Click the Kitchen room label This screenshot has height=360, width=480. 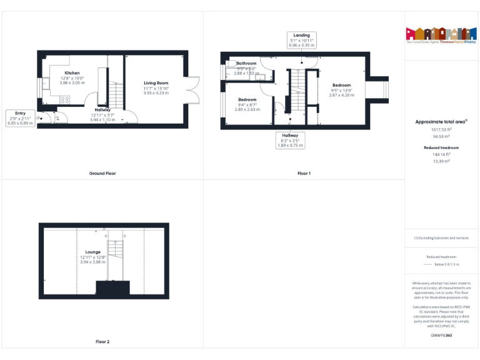pyautogui.click(x=72, y=72)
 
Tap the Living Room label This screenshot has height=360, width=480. pyautogui.click(x=156, y=83)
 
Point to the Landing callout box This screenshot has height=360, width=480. pyautogui.click(x=302, y=40)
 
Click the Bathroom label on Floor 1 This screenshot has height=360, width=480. pyautogui.click(x=246, y=63)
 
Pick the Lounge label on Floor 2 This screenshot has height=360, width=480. pyautogui.click(x=92, y=252)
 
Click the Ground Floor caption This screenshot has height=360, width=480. pyautogui.click(x=102, y=173)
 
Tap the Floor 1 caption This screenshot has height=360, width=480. pyautogui.click(x=304, y=173)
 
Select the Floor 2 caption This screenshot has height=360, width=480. pyautogui.click(x=102, y=342)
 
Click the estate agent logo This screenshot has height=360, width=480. pyautogui.click(x=441, y=35)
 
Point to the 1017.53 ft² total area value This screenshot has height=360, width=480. pyautogui.click(x=441, y=129)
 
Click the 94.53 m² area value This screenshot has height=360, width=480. pyautogui.click(x=441, y=136)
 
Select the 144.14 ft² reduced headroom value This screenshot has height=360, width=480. pyautogui.click(x=441, y=154)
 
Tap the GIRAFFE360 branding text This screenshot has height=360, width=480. pyautogui.click(x=441, y=336)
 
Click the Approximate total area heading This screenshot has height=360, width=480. pyautogui.click(x=441, y=122)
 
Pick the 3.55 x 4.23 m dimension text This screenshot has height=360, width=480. pyautogui.click(x=156, y=93)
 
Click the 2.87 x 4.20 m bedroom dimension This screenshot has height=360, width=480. pyautogui.click(x=341, y=95)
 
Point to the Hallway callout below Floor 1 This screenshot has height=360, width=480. pyautogui.click(x=290, y=140)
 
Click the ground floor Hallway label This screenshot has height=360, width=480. pyautogui.click(x=102, y=110)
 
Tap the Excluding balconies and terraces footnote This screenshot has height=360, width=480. pyautogui.click(x=441, y=238)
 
